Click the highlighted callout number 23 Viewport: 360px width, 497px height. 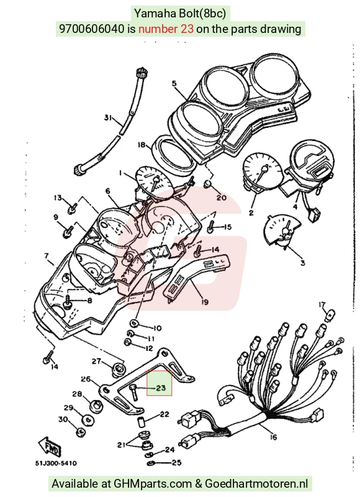tap(161, 388)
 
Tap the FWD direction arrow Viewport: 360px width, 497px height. tap(50, 447)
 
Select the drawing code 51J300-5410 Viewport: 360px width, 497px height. tap(56, 463)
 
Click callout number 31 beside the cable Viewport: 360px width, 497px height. tap(108, 117)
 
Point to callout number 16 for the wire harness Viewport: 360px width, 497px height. tap(273, 437)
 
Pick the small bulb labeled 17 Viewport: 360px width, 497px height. tap(331, 316)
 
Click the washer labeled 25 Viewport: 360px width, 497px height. tap(150, 463)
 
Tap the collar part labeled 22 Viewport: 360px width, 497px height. tap(140, 422)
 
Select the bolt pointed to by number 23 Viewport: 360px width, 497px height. tap(133, 392)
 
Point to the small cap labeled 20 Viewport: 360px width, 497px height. tap(207, 184)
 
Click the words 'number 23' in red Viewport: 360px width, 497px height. tap(166, 29)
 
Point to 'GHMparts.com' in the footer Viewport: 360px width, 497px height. tap(153, 484)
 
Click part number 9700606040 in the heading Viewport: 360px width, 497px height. tap(92, 29)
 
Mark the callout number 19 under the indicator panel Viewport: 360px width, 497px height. tap(205, 302)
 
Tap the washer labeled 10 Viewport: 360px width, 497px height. tap(134, 323)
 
